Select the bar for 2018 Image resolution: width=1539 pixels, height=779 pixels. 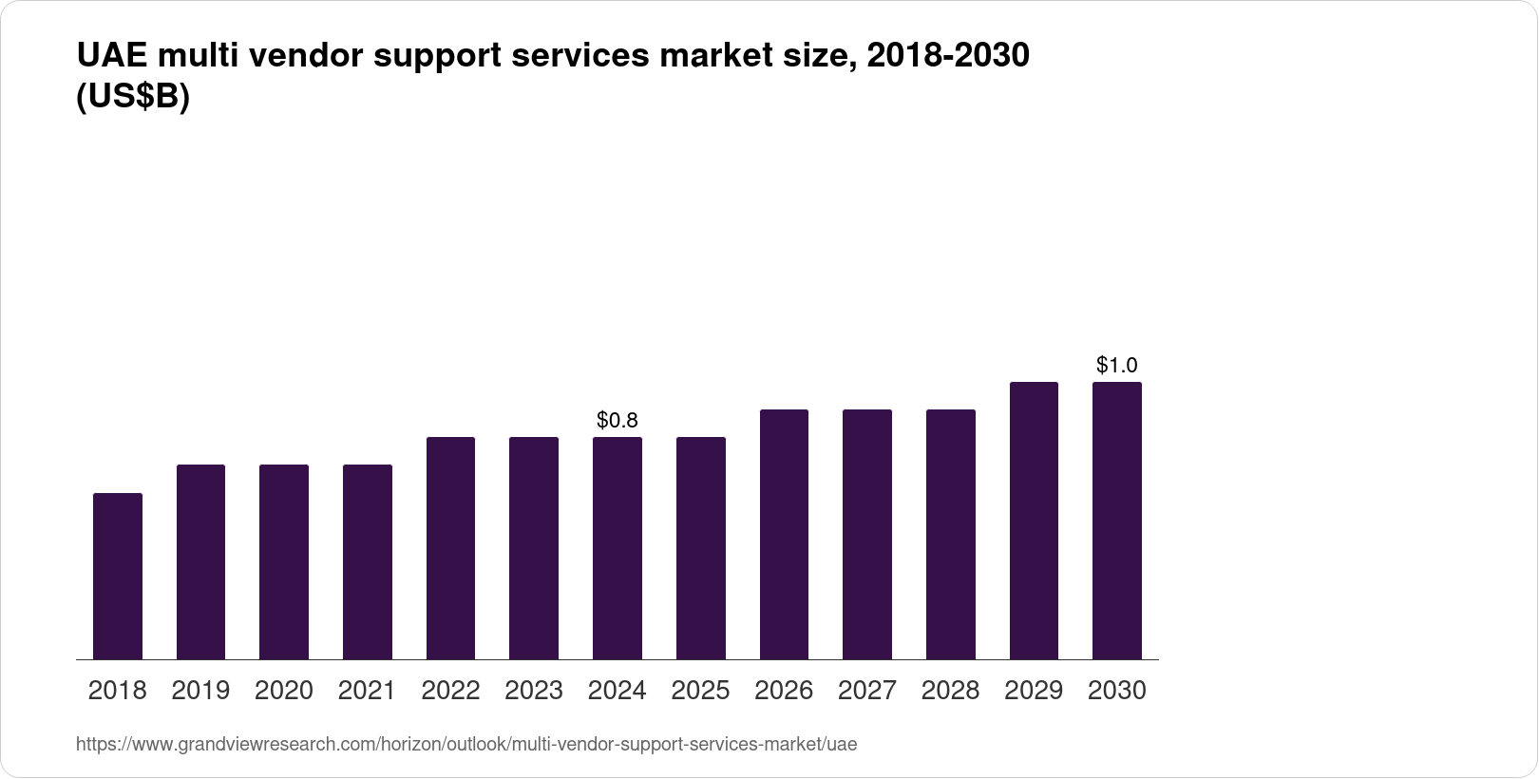(x=118, y=576)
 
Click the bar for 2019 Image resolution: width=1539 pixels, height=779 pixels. (x=200, y=561)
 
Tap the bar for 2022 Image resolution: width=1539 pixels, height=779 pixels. (x=450, y=548)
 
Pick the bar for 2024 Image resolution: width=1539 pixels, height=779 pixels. (x=617, y=548)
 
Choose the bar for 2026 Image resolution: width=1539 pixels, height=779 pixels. (x=784, y=534)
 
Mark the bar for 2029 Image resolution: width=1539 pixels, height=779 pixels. (x=1034, y=521)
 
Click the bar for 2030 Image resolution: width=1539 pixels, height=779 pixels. (x=1116, y=521)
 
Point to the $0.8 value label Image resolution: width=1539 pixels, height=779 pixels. (x=617, y=420)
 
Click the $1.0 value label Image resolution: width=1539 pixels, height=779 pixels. (x=1116, y=365)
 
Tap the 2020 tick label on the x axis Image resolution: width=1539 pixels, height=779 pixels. (x=284, y=691)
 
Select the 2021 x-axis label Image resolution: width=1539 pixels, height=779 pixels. (x=367, y=691)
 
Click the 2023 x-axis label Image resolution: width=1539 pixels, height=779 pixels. (x=534, y=691)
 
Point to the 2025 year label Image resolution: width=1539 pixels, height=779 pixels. (x=700, y=691)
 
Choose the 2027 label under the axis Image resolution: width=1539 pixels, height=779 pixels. (x=866, y=691)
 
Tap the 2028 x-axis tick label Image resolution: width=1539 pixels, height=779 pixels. (x=950, y=691)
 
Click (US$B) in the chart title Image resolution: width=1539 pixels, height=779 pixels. (x=133, y=98)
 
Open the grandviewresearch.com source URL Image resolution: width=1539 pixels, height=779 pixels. (x=465, y=745)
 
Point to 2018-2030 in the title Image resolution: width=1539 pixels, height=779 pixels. (x=948, y=56)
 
